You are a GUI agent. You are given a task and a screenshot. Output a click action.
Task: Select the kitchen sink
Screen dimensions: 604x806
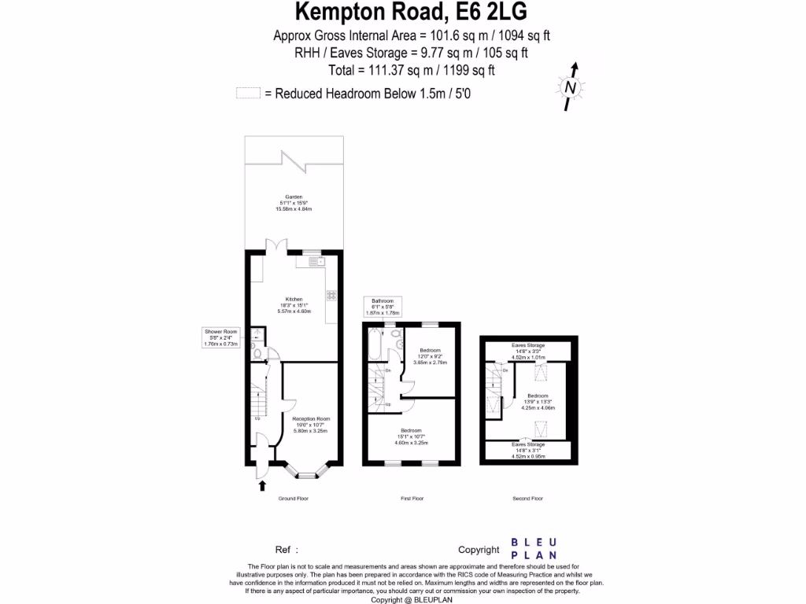(x=311, y=263)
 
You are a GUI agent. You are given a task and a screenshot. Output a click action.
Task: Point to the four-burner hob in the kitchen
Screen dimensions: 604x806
(x=331, y=296)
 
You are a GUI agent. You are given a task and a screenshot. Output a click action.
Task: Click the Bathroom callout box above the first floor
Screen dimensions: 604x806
(x=382, y=307)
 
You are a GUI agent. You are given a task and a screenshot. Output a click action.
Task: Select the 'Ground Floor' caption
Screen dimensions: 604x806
(x=294, y=499)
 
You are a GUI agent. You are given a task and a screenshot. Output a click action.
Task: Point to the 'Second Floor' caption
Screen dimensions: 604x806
(x=527, y=499)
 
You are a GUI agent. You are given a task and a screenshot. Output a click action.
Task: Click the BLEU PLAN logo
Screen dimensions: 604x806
(x=534, y=549)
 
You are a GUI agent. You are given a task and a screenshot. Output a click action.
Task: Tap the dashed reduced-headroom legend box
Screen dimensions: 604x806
(x=248, y=94)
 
